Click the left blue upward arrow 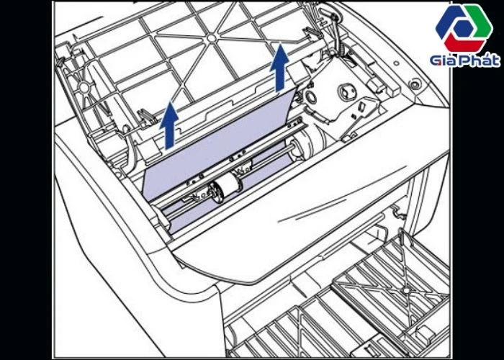click(168, 125)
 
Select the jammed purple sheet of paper click(216, 151)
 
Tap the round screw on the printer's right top click(414, 84)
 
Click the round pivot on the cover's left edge click(84, 87)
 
